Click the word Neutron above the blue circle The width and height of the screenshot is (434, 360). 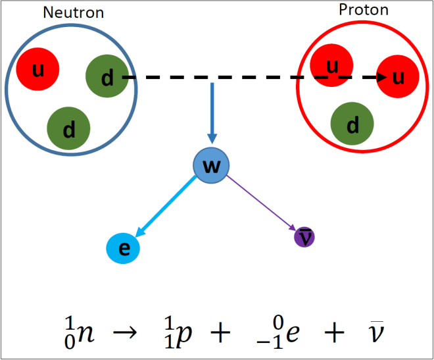coord(72,13)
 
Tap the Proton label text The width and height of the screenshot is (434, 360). coord(364,11)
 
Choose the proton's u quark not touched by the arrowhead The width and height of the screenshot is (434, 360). coord(332,66)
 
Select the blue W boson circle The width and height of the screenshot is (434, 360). coord(210,167)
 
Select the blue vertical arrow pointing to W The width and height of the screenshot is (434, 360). coord(212,112)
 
